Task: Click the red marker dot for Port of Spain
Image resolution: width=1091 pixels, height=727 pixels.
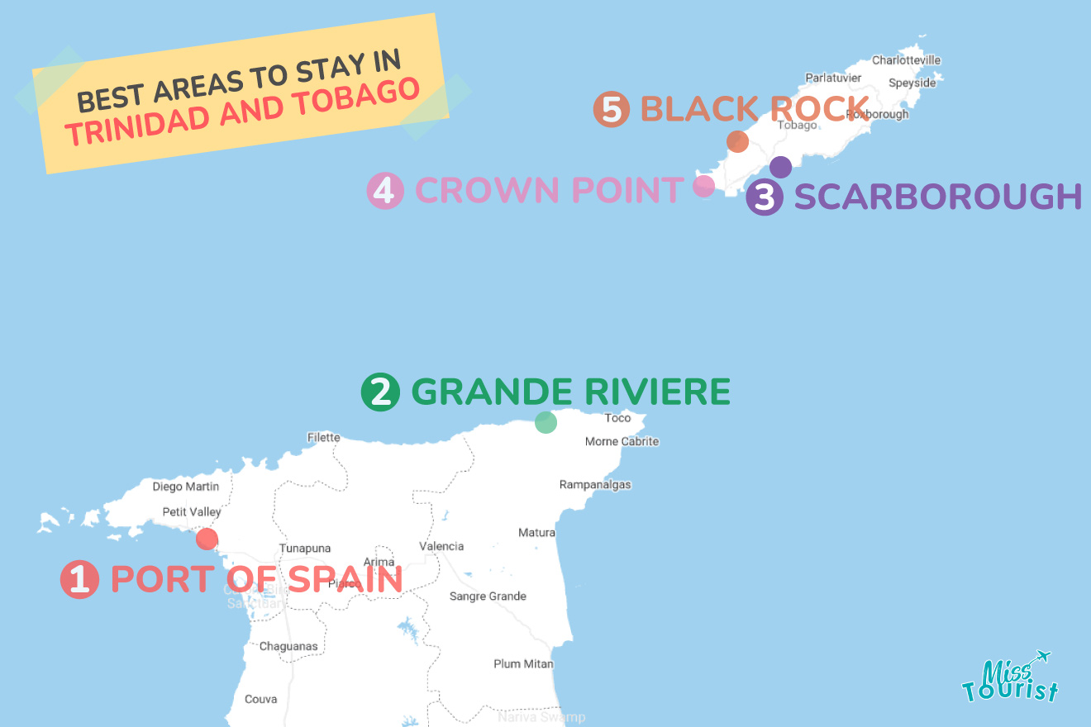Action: point(207,539)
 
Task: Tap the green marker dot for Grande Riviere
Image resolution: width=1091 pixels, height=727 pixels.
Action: point(545,422)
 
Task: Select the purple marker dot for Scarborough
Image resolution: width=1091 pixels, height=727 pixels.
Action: point(780,167)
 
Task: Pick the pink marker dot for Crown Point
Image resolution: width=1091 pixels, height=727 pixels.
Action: point(703,186)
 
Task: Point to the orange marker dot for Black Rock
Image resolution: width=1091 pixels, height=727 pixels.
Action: point(737,141)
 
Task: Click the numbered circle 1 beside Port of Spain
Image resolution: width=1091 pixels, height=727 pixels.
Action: point(79,579)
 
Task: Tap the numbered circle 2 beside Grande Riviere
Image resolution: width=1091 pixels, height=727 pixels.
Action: point(380,392)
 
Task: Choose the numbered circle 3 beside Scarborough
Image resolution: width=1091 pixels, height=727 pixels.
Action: point(765,197)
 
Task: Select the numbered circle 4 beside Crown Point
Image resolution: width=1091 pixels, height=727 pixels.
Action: point(385,191)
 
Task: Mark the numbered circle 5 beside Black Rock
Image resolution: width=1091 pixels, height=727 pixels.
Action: point(612,109)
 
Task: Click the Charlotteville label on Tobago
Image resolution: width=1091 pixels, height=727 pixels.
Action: point(906,60)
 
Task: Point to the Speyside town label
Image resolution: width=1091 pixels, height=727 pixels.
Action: point(912,83)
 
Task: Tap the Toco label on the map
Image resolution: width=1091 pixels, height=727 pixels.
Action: point(617,418)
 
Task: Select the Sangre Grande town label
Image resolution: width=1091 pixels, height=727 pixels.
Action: point(488,596)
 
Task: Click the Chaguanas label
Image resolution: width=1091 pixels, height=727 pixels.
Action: point(288,647)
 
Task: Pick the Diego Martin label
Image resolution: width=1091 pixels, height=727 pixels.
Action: point(186,487)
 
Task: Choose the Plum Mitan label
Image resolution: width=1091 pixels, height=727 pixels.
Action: point(523,664)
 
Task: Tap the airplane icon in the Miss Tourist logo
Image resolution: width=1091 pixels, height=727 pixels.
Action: point(1041,658)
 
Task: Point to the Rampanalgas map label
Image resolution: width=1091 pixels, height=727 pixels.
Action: point(595,485)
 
